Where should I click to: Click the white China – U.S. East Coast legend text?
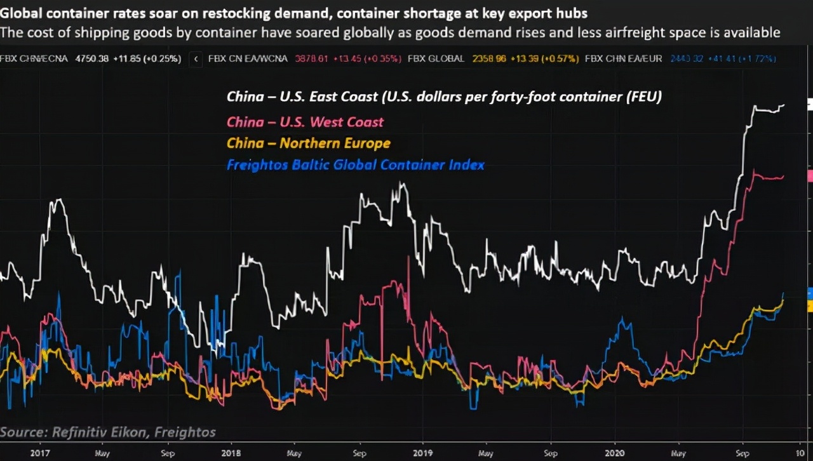pos(445,97)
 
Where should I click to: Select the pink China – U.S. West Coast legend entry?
pos(305,121)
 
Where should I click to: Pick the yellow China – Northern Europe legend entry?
pos(308,143)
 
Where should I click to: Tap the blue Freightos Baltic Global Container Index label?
pos(355,164)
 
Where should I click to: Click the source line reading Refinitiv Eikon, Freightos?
pos(108,432)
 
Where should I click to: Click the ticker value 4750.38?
pos(91,58)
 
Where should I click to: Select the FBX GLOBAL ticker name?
pos(436,58)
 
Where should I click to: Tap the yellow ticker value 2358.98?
pos(489,58)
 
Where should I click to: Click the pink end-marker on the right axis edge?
pos(810,177)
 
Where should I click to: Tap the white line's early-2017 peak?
pos(58,200)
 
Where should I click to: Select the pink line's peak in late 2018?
pos(402,281)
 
